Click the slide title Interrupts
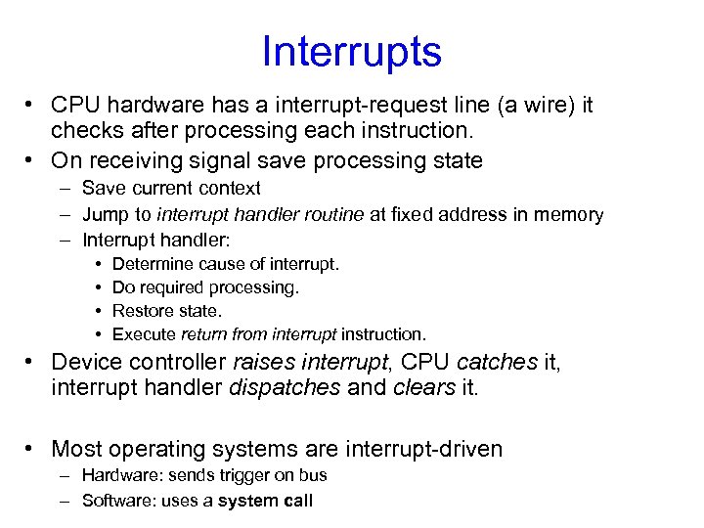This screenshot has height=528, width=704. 352,52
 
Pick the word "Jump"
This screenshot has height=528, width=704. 103,214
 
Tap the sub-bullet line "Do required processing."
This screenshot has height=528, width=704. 205,287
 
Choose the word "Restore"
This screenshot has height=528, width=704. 141,311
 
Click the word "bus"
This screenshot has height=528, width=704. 313,475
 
